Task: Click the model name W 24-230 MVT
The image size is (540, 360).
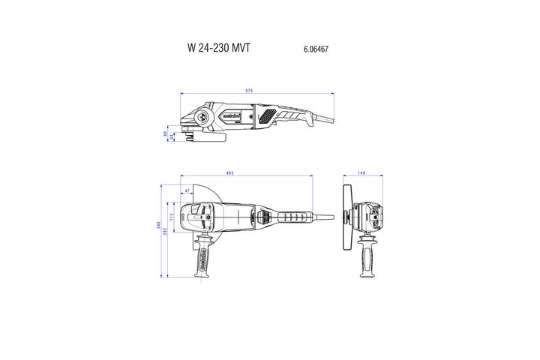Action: [x=218, y=48]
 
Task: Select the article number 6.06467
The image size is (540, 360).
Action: [x=316, y=49]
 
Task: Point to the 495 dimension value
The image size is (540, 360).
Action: [x=229, y=174]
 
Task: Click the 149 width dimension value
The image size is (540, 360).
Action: [x=361, y=174]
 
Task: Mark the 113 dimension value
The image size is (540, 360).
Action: [x=172, y=217]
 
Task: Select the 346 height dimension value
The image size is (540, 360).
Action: [x=159, y=224]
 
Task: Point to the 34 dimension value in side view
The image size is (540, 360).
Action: [x=172, y=136]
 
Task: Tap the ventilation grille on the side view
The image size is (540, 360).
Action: [x=266, y=116]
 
